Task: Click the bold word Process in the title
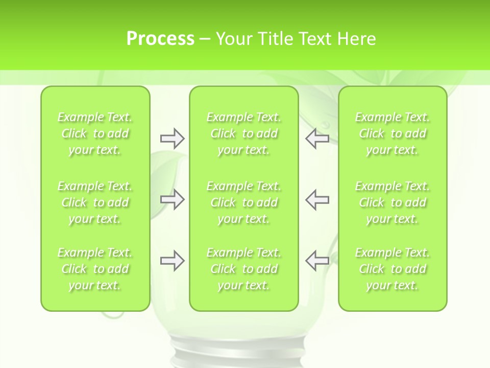pos(160,39)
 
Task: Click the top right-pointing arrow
pos(172,139)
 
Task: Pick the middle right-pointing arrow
pos(172,199)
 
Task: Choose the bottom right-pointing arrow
pos(172,261)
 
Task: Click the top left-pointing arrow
pos(317,139)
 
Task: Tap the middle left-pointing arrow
pos(317,199)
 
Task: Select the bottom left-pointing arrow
pos(317,261)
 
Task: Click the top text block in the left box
pos(95,133)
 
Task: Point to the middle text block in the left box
pos(95,202)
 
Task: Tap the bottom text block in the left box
pos(95,269)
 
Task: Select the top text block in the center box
pos(243,133)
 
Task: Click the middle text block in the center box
pos(243,202)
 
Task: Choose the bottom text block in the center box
pos(243,269)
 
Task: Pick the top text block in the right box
pos(392,133)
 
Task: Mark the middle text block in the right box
pos(392,202)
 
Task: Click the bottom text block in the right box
pos(392,269)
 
